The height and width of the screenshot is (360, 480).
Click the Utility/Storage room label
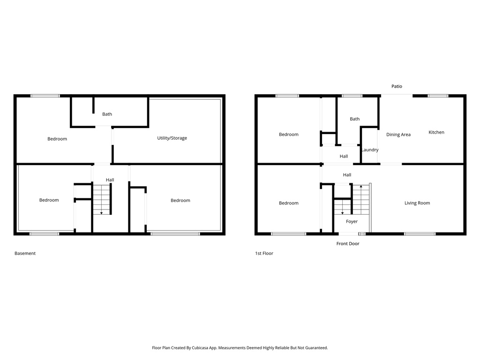tap(172, 138)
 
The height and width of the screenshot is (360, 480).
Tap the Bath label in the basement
tap(107, 114)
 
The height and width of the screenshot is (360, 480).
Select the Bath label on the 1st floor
tap(355, 119)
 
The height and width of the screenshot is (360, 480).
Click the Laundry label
tap(370, 150)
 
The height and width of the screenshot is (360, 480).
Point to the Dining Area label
tap(398, 135)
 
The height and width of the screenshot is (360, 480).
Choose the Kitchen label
tap(436, 132)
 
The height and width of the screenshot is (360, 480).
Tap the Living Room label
tap(417, 203)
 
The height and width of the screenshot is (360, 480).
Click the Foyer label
tap(352, 221)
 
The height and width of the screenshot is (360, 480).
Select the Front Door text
tap(348, 244)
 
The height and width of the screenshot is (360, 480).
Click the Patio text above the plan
tap(397, 86)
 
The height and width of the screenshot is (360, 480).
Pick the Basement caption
tap(25, 253)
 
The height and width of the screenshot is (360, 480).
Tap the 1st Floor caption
tap(264, 253)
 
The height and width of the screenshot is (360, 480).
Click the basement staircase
tap(102, 199)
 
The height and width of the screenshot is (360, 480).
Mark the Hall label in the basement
tap(110, 180)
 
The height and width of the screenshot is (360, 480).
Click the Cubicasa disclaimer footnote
tap(240, 348)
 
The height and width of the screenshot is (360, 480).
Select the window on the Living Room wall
tap(420, 233)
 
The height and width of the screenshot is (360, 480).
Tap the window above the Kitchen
tap(438, 96)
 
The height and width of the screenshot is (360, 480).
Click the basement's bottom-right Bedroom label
tap(180, 200)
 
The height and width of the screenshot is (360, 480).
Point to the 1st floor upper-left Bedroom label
tap(289, 135)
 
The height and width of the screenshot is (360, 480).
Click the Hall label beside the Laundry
tap(344, 156)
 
